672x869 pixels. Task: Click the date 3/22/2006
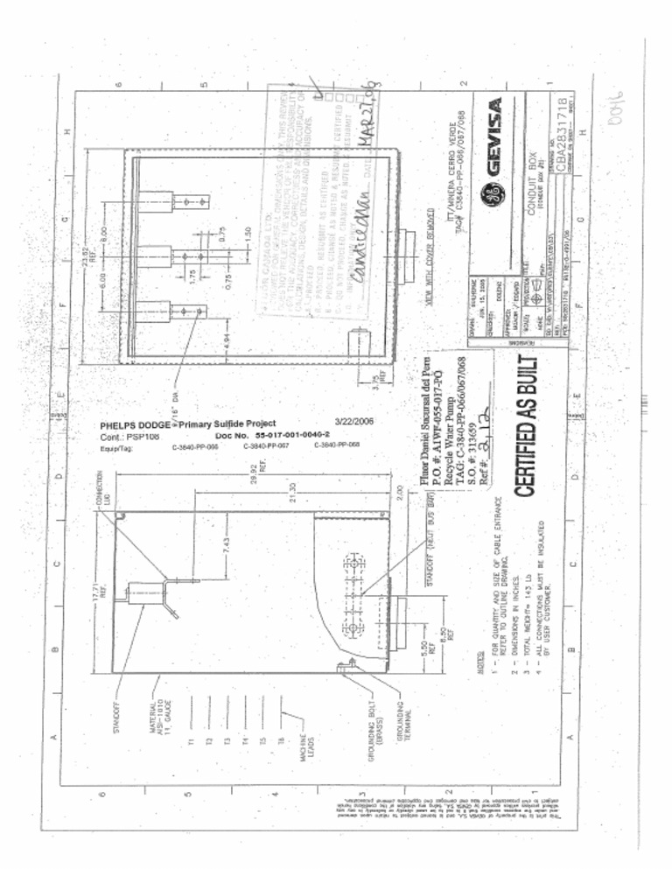[354, 421]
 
